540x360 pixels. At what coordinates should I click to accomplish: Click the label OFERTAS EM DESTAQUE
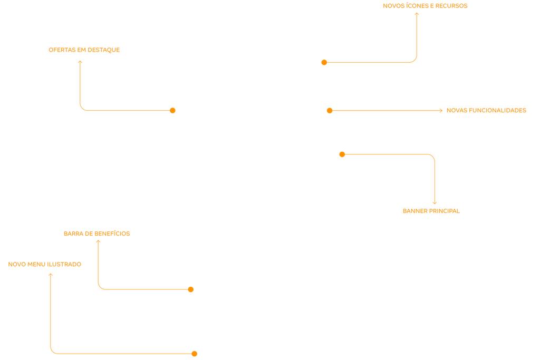point(84,50)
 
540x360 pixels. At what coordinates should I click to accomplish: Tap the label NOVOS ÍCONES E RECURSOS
point(425,6)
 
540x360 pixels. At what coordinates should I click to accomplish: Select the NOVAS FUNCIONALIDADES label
point(486,111)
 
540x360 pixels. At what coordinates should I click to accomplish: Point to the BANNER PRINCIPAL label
point(431,211)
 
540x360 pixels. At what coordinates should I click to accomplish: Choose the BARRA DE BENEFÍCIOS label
point(97,233)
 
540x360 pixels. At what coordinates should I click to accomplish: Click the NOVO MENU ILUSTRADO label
point(45,265)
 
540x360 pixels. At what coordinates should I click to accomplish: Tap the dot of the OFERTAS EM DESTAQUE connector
point(172,110)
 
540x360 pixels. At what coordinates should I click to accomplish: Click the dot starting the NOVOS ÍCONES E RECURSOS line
point(324,62)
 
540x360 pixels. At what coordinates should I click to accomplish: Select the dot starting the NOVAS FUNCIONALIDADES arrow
point(330,111)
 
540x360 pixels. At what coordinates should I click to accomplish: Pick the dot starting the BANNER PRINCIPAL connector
point(342,154)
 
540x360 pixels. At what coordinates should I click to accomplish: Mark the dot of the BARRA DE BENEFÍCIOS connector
point(191,289)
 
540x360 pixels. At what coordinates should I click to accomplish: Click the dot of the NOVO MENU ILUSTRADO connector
point(194,354)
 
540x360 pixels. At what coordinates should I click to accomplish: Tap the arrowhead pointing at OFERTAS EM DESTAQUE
point(80,62)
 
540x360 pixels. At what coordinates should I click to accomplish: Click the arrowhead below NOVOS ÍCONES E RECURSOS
point(417,14)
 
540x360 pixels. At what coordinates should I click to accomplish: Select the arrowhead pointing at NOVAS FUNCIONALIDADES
point(441,111)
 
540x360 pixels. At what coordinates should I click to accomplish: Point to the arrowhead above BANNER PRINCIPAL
point(435,202)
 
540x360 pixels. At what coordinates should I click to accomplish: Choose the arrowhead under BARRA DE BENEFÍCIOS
point(98,241)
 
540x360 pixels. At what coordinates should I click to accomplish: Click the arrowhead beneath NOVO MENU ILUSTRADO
point(51,274)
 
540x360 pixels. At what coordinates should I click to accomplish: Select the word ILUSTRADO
point(64,265)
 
